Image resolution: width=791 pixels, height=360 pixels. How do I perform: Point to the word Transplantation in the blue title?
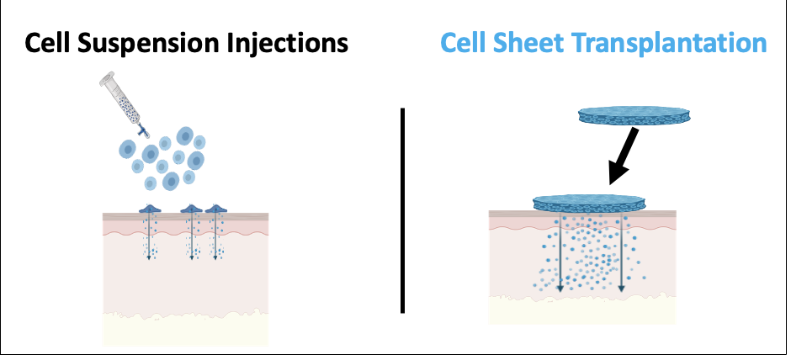670,44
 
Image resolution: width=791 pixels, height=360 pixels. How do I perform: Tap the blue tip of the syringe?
143,132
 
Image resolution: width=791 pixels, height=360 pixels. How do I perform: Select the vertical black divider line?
402,211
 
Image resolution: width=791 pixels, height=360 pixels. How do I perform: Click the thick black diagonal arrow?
624,156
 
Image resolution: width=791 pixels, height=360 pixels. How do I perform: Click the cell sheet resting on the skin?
590,204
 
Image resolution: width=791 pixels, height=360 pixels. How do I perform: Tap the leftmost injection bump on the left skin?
149,208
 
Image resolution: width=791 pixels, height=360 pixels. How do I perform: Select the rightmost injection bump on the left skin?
216,208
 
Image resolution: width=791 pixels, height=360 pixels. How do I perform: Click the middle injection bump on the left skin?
192,208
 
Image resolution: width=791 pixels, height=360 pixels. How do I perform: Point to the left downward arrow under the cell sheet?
560,252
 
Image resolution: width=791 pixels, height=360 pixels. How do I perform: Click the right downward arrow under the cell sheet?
622,252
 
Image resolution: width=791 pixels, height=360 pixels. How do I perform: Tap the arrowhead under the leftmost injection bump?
149,257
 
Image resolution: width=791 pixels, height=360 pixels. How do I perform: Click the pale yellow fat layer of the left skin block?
186,331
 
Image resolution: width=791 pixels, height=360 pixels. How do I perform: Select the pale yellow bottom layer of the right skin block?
582,310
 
